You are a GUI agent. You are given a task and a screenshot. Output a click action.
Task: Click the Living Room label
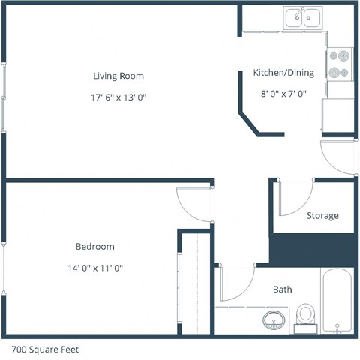pos(118,76)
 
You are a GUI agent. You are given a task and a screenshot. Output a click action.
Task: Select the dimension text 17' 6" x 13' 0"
pos(118,97)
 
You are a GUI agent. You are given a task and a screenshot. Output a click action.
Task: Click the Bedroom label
pos(94,246)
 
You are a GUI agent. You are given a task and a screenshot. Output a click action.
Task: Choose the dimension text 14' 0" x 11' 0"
pos(94,267)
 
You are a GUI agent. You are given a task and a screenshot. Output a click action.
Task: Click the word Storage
pos(322,216)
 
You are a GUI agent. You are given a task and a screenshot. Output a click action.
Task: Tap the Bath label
pos(283,289)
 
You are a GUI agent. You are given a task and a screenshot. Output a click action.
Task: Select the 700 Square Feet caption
pos(45,349)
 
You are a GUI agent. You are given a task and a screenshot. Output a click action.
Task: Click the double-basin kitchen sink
pos(303,16)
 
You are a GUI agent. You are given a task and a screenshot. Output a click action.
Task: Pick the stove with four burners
pos(340,64)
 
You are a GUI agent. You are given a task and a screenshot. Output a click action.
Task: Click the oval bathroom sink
pos(274,322)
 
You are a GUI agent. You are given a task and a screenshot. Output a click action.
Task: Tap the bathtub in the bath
pos(339,300)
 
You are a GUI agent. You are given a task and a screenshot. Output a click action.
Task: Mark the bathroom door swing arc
pos(235,285)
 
